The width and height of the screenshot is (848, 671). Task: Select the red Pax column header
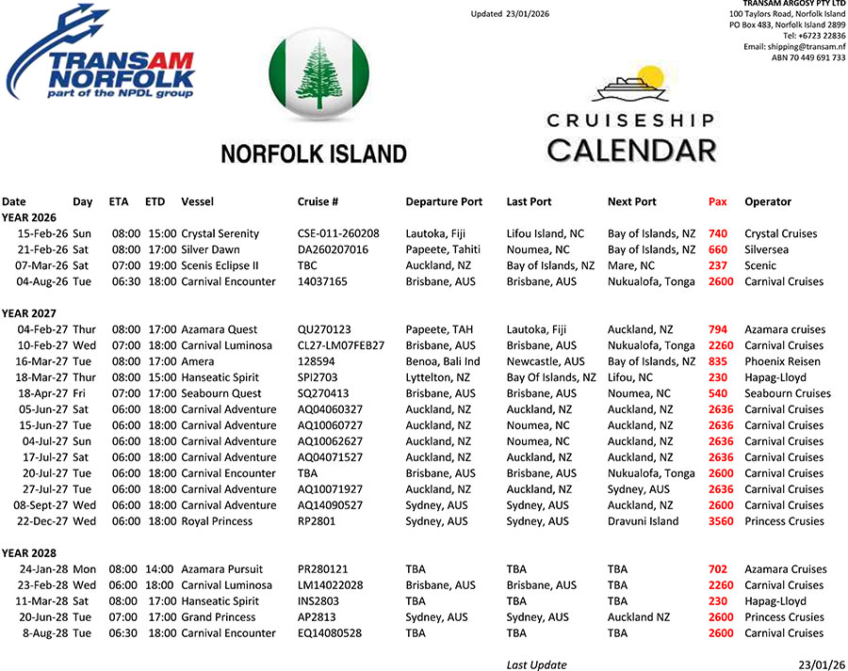pos(717,201)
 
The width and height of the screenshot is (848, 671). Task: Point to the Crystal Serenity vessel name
pos(220,233)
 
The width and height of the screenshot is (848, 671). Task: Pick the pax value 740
pos(718,233)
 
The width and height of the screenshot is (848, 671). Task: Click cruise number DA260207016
pos(333,249)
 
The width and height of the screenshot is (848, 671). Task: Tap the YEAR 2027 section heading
pos(28,313)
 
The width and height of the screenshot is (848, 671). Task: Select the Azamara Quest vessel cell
pos(219,329)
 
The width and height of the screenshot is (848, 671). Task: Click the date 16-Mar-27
pos(41,361)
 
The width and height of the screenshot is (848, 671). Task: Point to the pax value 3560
pos(720,521)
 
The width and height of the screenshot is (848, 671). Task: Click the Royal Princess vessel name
pos(217,521)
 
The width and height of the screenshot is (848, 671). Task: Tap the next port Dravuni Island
pos(643,521)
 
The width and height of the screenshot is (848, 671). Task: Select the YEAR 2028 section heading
pos(28,552)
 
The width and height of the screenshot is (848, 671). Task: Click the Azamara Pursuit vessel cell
pos(221,569)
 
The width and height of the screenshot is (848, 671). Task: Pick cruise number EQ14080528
pos(329,633)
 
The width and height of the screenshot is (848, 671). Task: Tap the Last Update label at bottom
pos(536,664)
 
